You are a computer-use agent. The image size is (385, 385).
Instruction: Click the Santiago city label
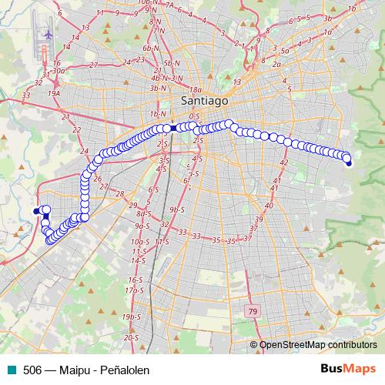tap(203, 100)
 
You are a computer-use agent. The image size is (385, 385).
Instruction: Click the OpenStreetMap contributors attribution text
tap(317, 346)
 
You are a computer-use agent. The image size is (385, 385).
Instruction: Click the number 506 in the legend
tap(32, 370)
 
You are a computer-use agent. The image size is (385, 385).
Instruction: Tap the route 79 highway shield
tap(252, 311)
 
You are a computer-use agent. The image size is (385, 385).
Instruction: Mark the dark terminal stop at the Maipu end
tap(35, 210)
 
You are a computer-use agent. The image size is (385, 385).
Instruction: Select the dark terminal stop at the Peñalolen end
tap(348, 162)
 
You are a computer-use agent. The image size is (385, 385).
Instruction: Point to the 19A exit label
tap(54, 92)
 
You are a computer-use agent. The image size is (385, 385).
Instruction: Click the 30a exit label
tap(58, 69)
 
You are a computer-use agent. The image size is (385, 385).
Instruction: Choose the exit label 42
tap(283, 162)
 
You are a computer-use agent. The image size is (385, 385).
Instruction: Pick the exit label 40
tap(269, 206)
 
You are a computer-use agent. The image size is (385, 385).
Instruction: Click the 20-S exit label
tap(131, 337)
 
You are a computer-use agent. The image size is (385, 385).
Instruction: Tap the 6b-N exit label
tap(149, 49)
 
